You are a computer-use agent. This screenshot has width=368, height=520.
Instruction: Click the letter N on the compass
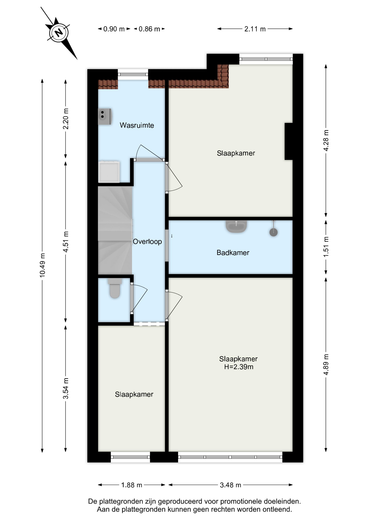pyautogui.click(x=59, y=33)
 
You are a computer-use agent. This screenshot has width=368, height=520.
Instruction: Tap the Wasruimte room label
pyautogui.click(x=137, y=125)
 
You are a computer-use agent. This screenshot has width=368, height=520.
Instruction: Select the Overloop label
pyautogui.click(x=147, y=241)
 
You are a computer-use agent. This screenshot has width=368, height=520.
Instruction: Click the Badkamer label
pyautogui.click(x=233, y=253)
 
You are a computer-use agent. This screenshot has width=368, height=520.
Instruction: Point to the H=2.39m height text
pyautogui.click(x=238, y=367)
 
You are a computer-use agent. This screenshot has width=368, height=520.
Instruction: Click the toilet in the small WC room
pyautogui.click(x=115, y=288)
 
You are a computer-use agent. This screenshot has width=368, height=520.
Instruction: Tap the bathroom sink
pyautogui.click(x=236, y=226)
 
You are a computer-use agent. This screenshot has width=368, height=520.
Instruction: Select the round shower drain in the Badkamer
pyautogui.click(x=273, y=232)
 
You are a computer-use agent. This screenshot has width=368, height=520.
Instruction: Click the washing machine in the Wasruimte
pyautogui.click(x=109, y=172)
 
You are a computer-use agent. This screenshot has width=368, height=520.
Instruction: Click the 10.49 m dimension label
pyautogui.click(x=42, y=265)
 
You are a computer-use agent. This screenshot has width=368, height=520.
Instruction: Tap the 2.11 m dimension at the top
pyautogui.click(x=255, y=29)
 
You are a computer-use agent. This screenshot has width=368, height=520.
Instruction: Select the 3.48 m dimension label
pyautogui.click(x=230, y=485)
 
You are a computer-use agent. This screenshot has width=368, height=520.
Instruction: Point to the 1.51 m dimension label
pyautogui.click(x=326, y=247)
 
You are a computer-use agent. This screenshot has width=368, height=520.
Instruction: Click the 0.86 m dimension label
pyautogui.click(x=149, y=29)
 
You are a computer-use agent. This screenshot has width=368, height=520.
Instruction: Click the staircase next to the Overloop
pyautogui.click(x=115, y=230)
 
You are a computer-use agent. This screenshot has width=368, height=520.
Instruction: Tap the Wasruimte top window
pyautogui.click(x=133, y=74)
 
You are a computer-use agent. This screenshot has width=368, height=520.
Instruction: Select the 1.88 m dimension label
pyautogui.click(x=131, y=485)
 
